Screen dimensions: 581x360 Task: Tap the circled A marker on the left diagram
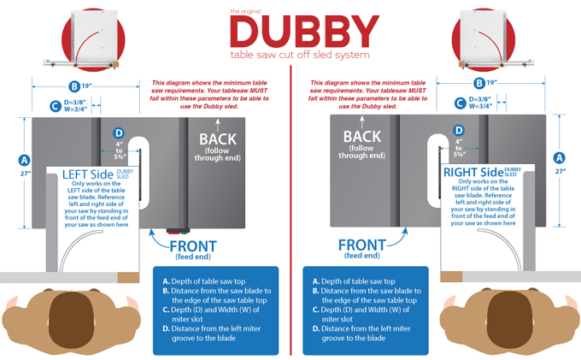click(24, 160)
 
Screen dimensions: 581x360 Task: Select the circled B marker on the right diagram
click(479, 83)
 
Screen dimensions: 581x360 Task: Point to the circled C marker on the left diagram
click(56, 106)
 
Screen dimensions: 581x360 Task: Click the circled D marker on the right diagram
click(459, 130)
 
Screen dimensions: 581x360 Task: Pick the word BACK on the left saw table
click(218, 139)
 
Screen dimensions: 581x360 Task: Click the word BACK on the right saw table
click(362, 137)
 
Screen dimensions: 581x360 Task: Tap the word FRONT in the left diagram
click(193, 246)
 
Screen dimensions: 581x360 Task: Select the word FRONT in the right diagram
click(362, 245)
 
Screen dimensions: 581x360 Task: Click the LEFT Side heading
click(88, 174)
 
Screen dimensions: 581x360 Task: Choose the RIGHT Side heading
click(473, 172)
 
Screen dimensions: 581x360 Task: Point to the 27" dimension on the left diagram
click(25, 173)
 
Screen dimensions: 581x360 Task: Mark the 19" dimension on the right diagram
click(491, 82)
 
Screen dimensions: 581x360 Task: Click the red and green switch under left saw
click(178, 232)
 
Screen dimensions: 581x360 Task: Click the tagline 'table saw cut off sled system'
click(300, 55)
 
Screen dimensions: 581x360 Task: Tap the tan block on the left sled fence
click(128, 278)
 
